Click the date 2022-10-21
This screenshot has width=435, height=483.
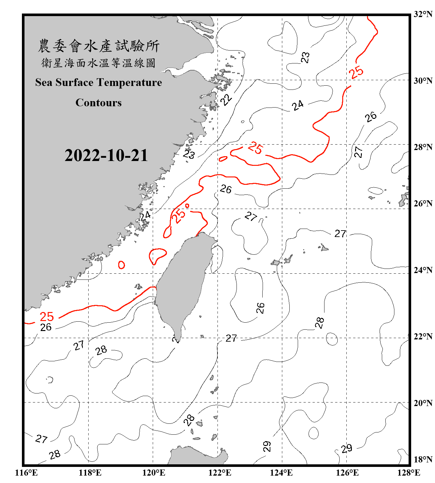pos(106,156)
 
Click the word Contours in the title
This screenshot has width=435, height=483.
pos(99,103)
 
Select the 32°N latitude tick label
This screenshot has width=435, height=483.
pos(423,14)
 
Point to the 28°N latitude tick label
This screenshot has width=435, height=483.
pos(423,147)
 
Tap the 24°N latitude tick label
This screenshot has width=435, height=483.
pos(423,270)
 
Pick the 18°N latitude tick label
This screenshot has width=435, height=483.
pos(423,459)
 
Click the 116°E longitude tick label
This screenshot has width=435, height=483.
pos(26,473)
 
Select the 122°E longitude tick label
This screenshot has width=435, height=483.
pos(220,473)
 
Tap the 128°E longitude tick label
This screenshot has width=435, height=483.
pos(409,473)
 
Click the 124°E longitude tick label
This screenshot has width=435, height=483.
pos(281,473)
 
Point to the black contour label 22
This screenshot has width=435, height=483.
pos(226,99)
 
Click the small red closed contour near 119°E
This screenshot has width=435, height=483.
pos(121,265)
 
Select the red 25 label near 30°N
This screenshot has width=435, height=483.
pos(356,72)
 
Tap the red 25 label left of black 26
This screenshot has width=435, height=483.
pos(47,317)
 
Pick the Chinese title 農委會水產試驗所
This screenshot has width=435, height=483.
pos(99,46)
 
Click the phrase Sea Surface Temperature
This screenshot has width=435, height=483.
pos(99,82)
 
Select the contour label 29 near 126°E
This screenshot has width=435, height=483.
pos(347,448)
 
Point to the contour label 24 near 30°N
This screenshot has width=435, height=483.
pos(298,105)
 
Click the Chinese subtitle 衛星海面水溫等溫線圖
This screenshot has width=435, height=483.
pos(99,63)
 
